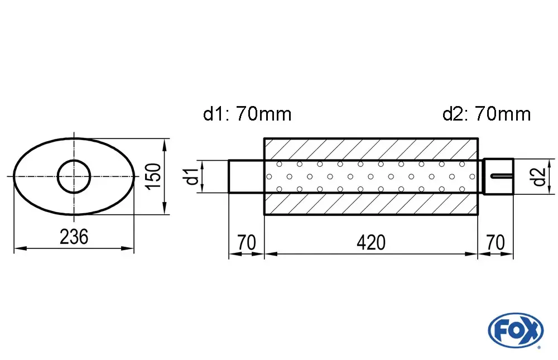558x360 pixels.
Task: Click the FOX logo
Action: tap(516, 330)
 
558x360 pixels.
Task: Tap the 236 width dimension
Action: tap(74, 237)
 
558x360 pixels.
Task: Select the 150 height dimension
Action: tap(153, 176)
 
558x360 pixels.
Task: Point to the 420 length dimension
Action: tap(371, 242)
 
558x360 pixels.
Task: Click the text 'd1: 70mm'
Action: tap(247, 114)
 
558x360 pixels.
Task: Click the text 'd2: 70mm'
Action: tap(487, 114)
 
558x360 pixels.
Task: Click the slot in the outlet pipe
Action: tap(502, 176)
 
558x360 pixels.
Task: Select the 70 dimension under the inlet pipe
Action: tap(246, 242)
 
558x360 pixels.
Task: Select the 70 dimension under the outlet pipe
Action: tap(495, 242)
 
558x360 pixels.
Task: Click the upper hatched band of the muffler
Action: tap(371, 149)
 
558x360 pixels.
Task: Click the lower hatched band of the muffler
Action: tap(371, 204)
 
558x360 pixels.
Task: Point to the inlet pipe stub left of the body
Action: tap(246, 176)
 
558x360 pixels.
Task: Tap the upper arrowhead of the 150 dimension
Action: tap(165, 144)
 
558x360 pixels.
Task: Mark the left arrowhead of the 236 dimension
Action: tap(20, 248)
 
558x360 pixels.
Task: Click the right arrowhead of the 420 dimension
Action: tap(471, 254)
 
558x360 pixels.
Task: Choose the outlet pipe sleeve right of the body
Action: tap(498, 176)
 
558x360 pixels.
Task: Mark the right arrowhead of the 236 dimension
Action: tap(127, 248)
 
